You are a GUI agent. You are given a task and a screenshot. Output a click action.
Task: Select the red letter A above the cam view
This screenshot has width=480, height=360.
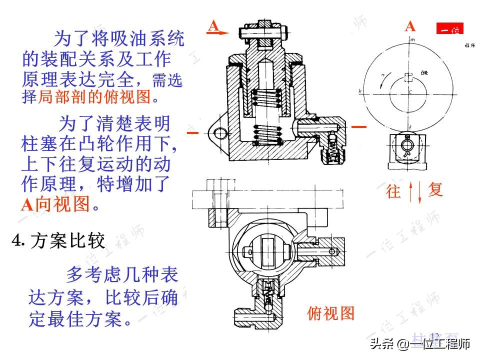[410, 26]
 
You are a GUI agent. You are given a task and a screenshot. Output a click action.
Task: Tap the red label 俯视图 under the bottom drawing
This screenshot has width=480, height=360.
[330, 313]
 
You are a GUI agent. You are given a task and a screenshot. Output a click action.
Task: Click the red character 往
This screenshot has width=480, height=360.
[394, 191]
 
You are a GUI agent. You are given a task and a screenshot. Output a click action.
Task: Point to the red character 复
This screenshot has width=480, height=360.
[435, 189]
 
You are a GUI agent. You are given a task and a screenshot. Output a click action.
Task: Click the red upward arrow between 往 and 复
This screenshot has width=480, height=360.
[411, 192]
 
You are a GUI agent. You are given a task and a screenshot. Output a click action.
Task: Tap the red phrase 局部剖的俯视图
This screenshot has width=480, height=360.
[94, 97]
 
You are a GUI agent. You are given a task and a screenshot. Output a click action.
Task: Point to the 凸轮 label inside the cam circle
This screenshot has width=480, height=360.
[424, 73]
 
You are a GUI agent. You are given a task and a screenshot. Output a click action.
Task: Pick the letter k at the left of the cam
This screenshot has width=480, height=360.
[360, 91]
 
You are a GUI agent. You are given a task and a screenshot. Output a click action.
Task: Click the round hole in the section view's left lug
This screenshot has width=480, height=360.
[218, 132]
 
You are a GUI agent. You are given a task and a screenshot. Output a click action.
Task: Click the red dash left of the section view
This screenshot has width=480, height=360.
[193, 133]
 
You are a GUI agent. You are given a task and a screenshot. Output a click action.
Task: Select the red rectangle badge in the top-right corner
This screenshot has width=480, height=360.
[450, 29]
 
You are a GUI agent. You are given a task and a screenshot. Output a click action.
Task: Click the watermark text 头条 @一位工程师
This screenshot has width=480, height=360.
[420, 344]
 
